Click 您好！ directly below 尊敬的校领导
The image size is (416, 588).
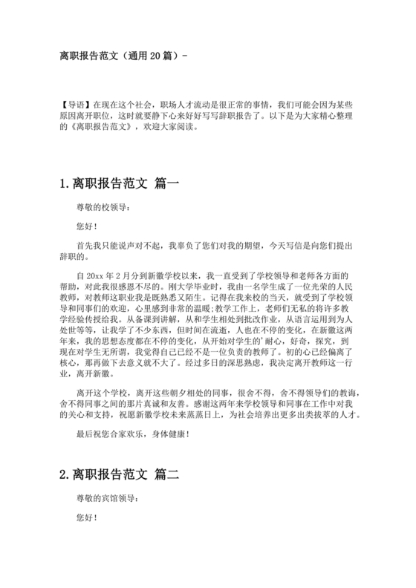tap(87, 225)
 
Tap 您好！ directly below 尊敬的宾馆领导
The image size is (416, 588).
tap(87, 515)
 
